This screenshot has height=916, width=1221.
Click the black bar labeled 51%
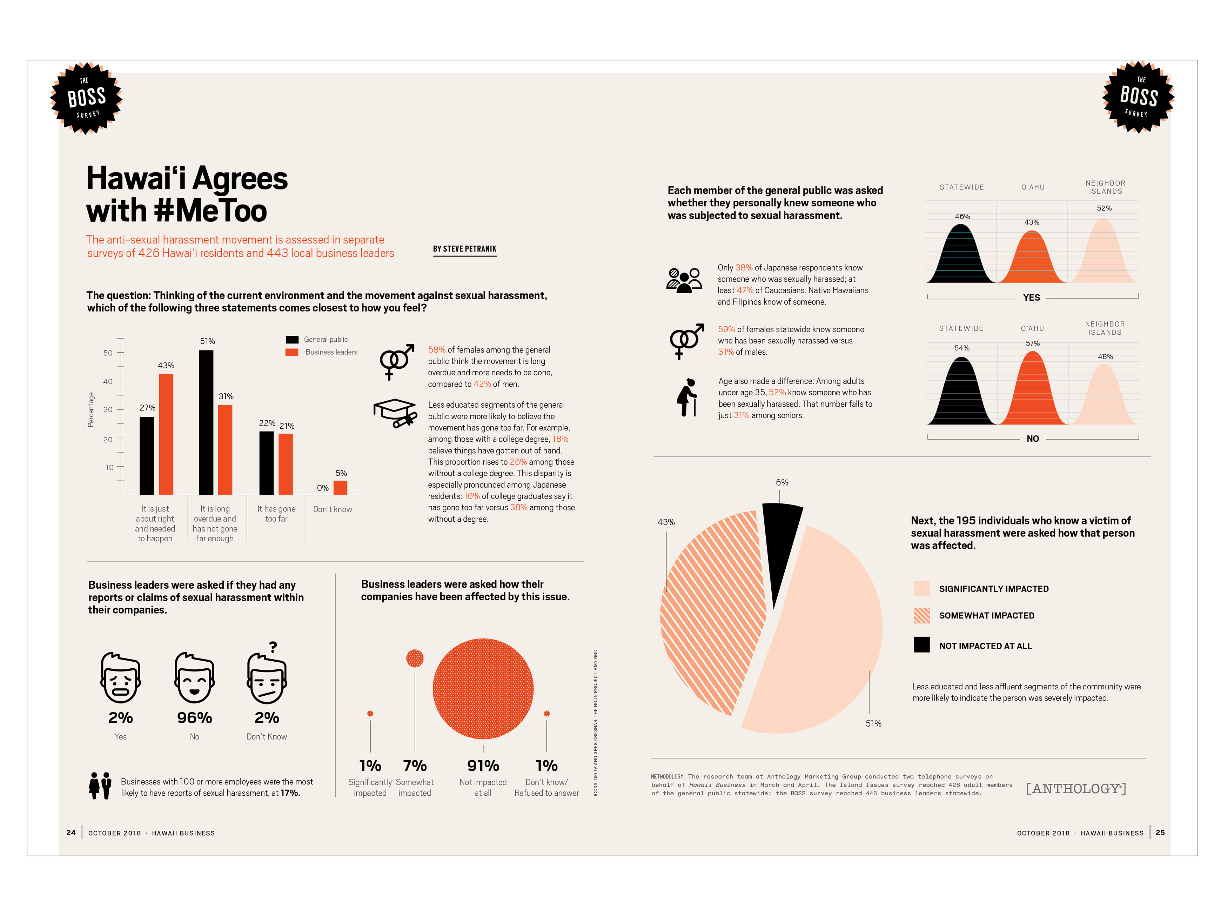click(x=206, y=422)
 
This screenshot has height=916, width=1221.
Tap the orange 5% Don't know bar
click(x=341, y=488)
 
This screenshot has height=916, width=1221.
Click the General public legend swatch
click(x=292, y=340)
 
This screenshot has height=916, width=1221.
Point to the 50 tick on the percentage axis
click(x=108, y=353)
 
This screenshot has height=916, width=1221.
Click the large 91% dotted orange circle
click(x=483, y=689)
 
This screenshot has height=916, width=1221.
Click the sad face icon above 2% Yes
click(x=120, y=678)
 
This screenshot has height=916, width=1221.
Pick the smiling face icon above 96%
click(x=194, y=678)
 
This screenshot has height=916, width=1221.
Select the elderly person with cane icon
click(x=687, y=397)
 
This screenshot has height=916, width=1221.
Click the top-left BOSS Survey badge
click(x=87, y=98)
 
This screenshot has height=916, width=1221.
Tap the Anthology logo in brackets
click(x=1076, y=788)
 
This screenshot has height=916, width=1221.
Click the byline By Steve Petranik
click(x=465, y=249)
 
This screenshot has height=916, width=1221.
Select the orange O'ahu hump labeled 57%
click(x=1032, y=392)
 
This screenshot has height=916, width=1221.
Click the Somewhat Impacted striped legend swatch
click(x=921, y=615)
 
